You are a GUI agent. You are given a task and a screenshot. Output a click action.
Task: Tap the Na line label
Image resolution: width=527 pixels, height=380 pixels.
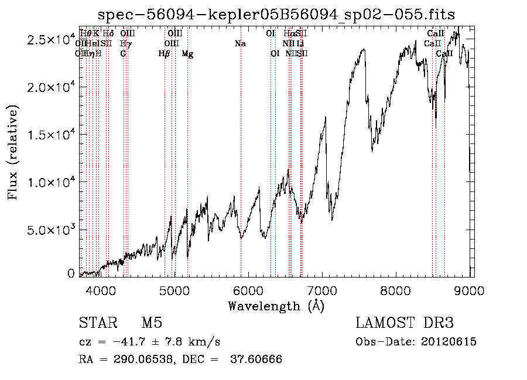click(240, 44)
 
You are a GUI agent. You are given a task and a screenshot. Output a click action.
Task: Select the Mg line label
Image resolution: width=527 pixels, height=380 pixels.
click(187, 54)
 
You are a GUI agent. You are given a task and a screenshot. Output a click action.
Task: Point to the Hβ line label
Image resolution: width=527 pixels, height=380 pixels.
click(165, 54)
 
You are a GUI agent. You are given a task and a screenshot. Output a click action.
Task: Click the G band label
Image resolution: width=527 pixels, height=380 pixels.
click(123, 54)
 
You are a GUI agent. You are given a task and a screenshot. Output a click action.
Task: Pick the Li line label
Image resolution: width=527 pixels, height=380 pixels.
click(300, 44)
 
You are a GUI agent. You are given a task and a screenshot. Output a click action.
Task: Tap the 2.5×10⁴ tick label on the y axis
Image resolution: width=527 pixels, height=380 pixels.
click(52, 40)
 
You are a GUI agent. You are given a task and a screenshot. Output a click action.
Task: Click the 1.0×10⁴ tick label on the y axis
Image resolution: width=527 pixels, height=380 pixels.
click(52, 182)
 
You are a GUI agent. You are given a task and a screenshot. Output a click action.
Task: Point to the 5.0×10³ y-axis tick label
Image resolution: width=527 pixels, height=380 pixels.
click(52, 230)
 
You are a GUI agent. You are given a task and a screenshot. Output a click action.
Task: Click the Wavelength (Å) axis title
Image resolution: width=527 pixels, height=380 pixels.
click(276, 306)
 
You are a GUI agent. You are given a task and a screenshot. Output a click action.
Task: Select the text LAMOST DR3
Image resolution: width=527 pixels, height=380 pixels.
click(405, 324)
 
